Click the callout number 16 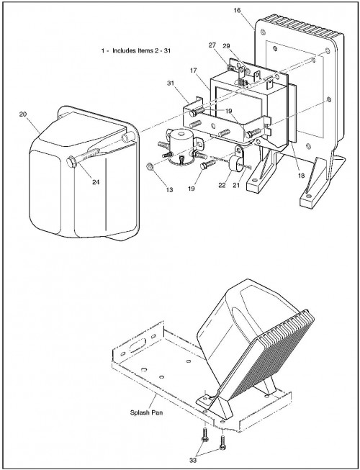pos(237,11)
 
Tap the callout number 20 pos(23,114)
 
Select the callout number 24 pos(96,182)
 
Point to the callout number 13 pos(169,190)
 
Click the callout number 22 pos(222,186)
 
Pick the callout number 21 pos(236,186)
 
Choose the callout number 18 pos(301,176)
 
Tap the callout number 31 pos(171,83)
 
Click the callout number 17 pos(194,71)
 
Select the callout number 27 pos(212,45)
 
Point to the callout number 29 pos(226,46)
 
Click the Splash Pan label pos(146,412)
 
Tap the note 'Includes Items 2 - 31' pos(142,50)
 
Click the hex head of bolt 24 pos(71,162)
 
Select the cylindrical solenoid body pos(181,145)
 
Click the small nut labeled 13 pos(149,166)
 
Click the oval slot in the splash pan pos(138,345)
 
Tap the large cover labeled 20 pos(84,174)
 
